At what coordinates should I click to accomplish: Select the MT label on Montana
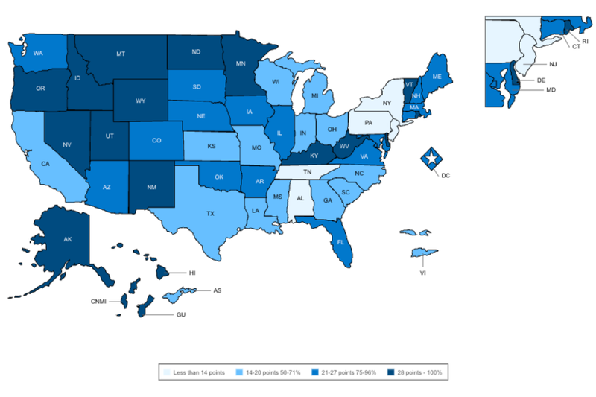click(120, 54)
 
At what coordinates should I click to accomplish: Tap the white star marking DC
click(431, 158)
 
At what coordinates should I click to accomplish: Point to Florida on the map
click(340, 242)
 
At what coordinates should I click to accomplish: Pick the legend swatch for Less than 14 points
click(167, 371)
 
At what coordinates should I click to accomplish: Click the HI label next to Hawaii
click(191, 274)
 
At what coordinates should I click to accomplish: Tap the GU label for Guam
click(181, 315)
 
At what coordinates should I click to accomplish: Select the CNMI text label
click(95, 302)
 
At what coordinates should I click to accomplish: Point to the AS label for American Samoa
click(217, 290)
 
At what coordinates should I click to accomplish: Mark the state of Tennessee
click(306, 171)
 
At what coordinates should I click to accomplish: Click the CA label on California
click(45, 164)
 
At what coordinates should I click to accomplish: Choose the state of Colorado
click(155, 140)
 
